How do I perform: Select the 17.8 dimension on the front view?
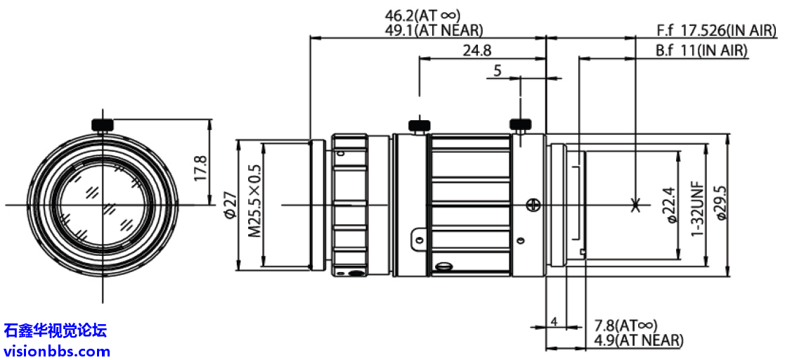click(200, 168)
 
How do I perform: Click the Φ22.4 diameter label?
click(669, 205)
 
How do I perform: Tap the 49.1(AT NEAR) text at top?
click(433, 30)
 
